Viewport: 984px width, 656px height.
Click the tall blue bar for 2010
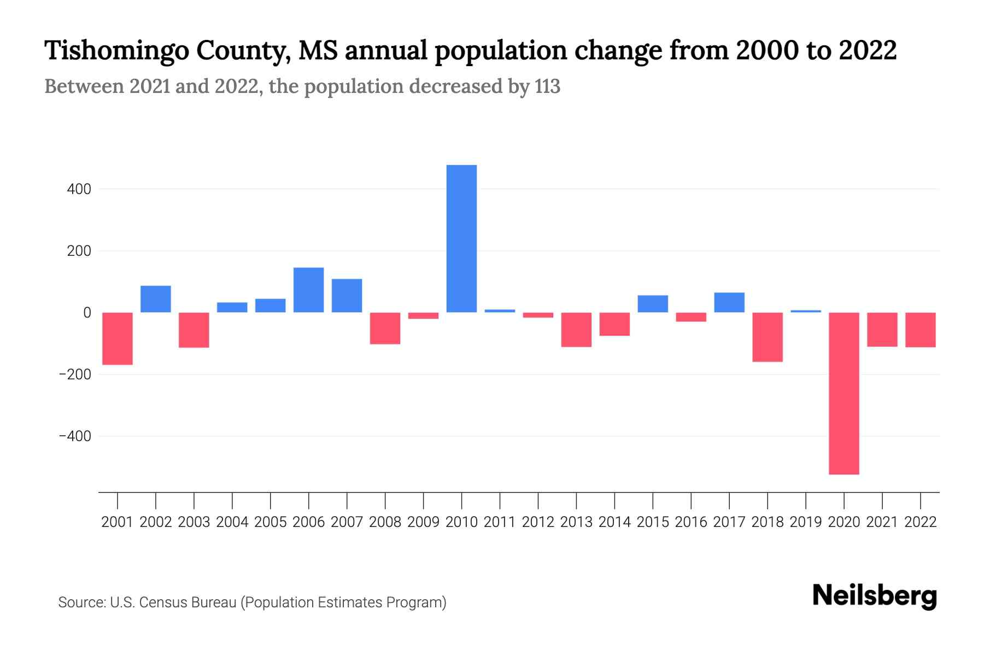coord(461,238)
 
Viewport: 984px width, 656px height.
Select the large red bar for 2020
coord(844,393)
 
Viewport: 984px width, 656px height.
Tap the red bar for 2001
coord(118,338)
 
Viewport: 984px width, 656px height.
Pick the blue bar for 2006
coord(308,290)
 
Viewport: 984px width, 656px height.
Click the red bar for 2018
coord(767,337)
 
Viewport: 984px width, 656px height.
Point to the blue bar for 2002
coord(156,299)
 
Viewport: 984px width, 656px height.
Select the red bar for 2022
coord(920,330)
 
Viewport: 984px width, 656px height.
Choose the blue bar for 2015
coord(653,304)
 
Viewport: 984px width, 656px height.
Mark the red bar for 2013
coord(576,330)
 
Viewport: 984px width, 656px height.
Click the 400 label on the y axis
coord(79,190)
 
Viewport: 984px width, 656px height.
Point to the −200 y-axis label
coord(75,375)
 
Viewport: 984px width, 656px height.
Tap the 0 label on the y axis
coord(86,313)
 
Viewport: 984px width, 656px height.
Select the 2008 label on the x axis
coord(385,523)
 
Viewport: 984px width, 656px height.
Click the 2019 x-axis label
coord(806,523)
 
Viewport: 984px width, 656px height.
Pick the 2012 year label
coord(538,523)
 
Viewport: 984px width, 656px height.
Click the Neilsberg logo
coord(874,596)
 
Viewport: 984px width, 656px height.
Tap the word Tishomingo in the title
coord(115,51)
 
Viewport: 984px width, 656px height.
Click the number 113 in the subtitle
coord(547,87)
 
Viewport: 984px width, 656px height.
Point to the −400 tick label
coord(75,437)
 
